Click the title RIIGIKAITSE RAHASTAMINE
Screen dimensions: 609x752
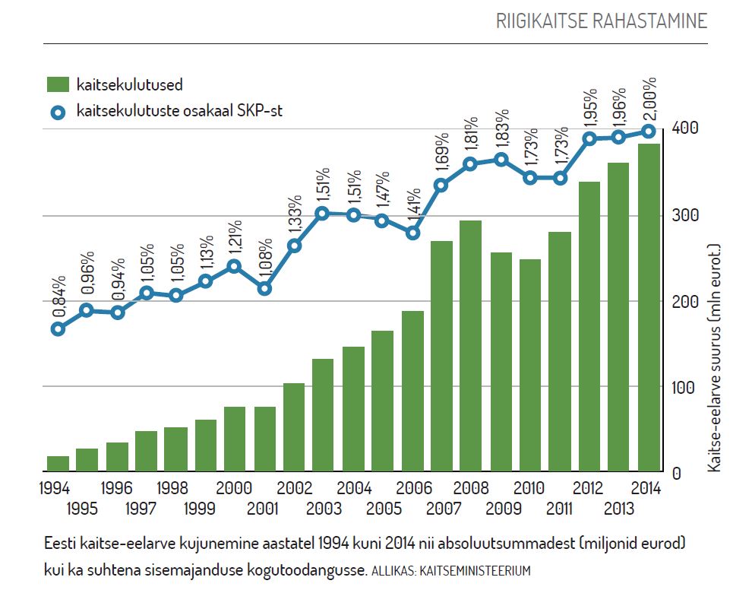point(601,21)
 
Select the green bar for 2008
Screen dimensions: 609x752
point(471,346)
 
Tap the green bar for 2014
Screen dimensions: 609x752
point(649,307)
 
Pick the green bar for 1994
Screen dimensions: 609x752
point(58,463)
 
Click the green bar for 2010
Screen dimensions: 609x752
point(530,365)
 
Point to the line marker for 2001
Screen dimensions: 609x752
point(264,289)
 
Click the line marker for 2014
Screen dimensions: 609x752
point(649,132)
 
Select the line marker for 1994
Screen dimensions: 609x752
point(58,329)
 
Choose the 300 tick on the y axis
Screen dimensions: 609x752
point(681,216)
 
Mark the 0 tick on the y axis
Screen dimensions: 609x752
point(675,473)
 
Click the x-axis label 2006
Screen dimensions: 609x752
point(413,488)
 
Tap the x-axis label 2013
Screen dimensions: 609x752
point(619,508)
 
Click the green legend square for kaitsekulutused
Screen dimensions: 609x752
point(58,84)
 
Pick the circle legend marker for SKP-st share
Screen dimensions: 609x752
point(58,113)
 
